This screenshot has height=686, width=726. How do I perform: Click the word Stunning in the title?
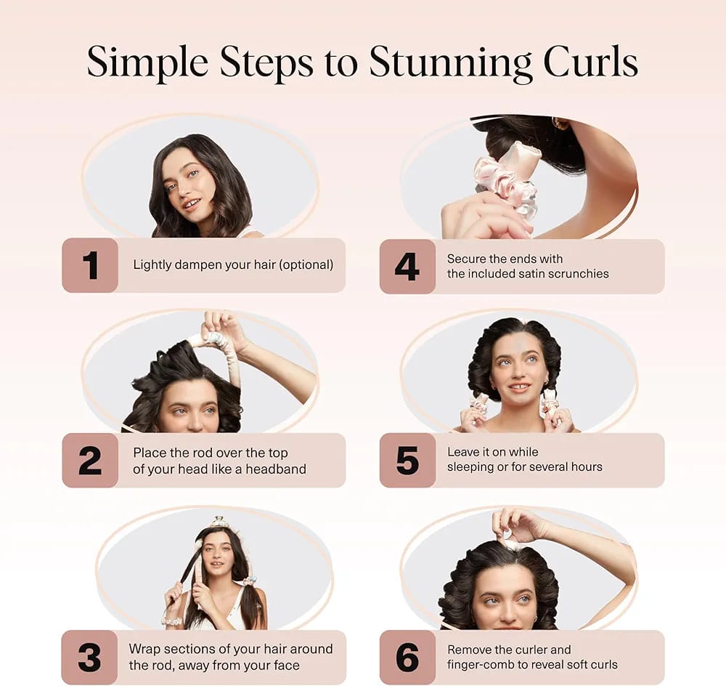(x=451, y=62)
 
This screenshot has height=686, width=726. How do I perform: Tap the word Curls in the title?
(x=591, y=62)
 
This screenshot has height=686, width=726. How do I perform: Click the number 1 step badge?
(x=90, y=265)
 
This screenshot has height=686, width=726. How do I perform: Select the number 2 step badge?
(x=90, y=461)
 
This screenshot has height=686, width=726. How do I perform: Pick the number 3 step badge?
(x=90, y=657)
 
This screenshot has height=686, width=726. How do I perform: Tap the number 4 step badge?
(x=407, y=267)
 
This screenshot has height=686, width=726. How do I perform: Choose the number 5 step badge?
(x=407, y=461)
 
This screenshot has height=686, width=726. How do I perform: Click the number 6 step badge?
(x=407, y=657)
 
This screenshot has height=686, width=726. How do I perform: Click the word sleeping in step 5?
(x=470, y=467)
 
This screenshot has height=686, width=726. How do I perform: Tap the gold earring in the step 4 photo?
(x=560, y=124)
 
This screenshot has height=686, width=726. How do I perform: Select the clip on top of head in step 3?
(x=219, y=522)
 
